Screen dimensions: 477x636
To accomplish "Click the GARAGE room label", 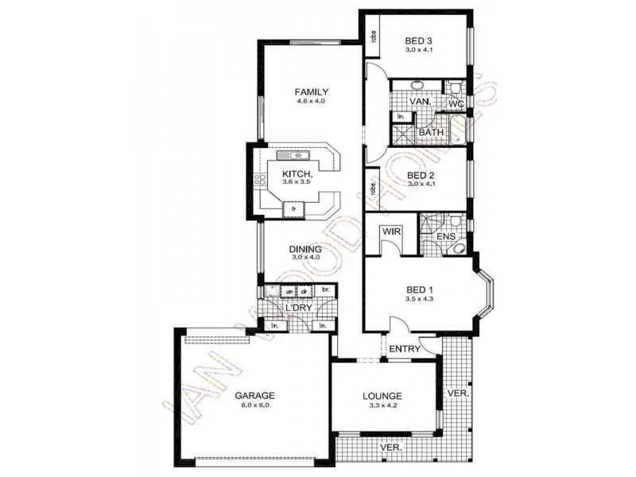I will pos(254,395).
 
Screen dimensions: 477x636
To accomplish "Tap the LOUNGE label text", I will pos(383,395).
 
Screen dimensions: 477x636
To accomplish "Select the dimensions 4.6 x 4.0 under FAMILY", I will pos(312,102).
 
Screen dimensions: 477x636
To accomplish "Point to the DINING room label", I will pos(306,249).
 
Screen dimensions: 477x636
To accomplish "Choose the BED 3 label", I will pos(418,41).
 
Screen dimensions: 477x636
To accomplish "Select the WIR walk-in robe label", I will pos(390,231).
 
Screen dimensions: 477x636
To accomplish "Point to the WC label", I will pos(456,104).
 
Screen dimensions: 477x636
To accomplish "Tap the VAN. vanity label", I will pos(420,103).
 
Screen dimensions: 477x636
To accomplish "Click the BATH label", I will pos(431,133).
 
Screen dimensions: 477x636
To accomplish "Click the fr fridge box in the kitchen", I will pos(294,208).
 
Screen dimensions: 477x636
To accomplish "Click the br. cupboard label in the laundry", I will pos(325,291).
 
